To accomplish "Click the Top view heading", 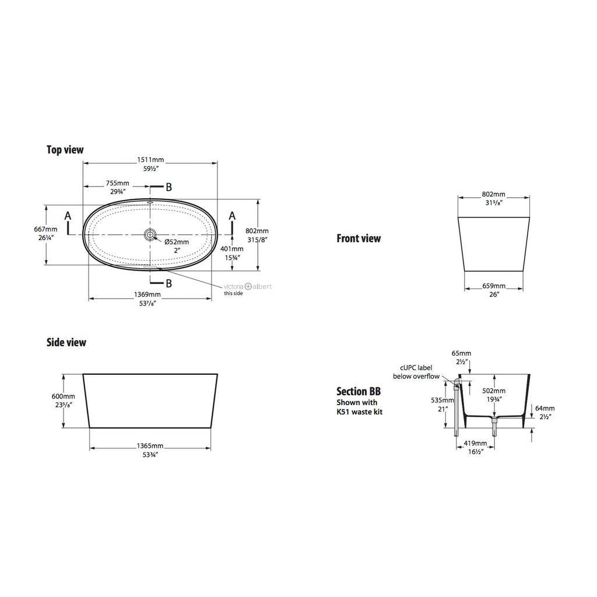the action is click(65, 150).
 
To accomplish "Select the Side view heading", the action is click(66, 342).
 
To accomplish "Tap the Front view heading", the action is click(359, 238).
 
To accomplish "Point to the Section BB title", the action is click(359, 391).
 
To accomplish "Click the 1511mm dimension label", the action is click(150, 160).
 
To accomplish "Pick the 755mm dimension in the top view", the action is click(118, 183).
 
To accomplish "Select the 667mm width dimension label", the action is click(45, 229).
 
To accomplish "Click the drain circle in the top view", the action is click(150, 234).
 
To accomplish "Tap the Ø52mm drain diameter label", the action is click(177, 242).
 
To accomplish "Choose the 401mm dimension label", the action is click(232, 248).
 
